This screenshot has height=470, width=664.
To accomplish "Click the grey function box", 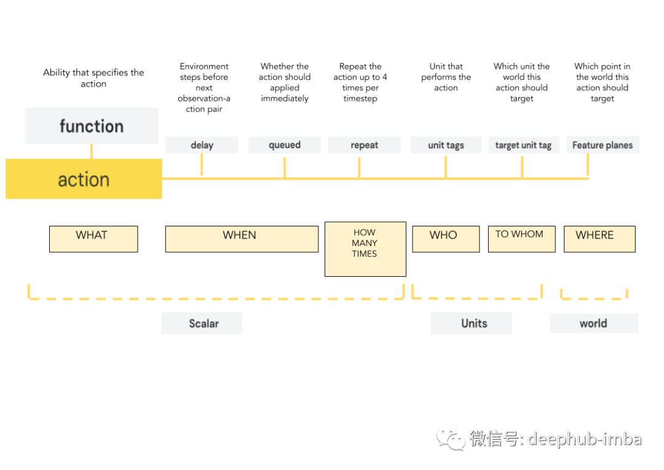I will (92, 126).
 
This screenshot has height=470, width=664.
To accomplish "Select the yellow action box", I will (84, 179).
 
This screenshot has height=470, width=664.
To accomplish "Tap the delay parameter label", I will (202, 145).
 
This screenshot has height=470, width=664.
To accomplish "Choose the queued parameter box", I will (285, 145).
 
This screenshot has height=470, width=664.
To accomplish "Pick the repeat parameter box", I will (365, 145).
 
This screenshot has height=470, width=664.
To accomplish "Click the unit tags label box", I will (446, 145).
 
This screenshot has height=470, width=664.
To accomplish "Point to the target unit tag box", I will (523, 145).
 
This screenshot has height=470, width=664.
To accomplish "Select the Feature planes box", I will (603, 145).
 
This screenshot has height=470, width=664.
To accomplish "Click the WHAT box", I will (93, 239).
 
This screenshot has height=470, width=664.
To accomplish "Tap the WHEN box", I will (242, 239).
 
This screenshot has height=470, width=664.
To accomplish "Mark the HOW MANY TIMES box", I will (365, 249).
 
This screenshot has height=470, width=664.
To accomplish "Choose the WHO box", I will (446, 239).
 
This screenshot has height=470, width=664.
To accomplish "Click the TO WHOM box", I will (521, 239).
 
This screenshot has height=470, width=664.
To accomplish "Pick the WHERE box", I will (599, 239).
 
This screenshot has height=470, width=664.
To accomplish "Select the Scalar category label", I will (202, 323).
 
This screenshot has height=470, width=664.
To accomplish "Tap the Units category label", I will (471, 323).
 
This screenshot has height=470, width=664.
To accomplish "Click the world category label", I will (594, 323).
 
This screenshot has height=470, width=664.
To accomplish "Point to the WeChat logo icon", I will (451, 437).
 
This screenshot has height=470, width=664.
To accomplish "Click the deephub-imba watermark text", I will (584, 439).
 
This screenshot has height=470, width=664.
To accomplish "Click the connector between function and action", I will (92, 151).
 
